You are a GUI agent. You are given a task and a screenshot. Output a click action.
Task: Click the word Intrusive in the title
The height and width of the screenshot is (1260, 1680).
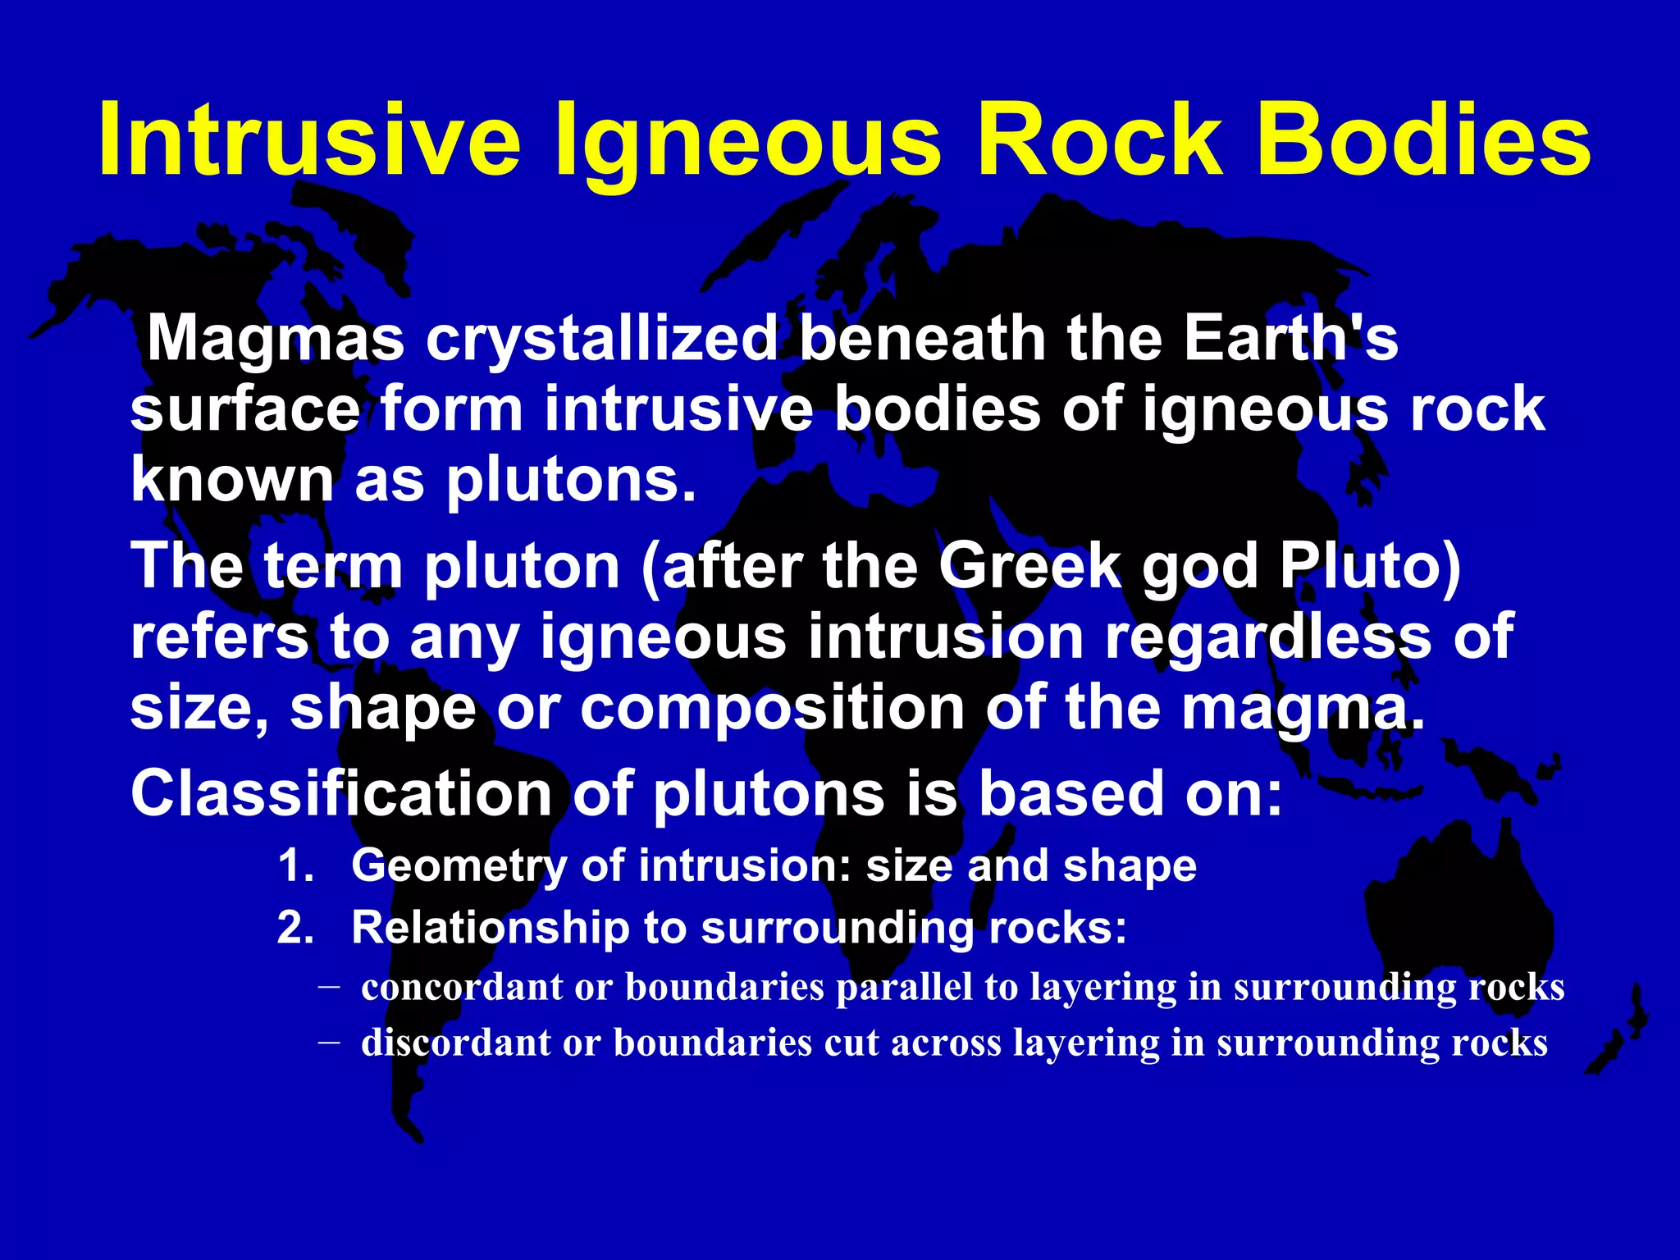[x=309, y=139]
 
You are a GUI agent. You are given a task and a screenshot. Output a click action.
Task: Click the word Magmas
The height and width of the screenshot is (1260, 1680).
[x=276, y=339]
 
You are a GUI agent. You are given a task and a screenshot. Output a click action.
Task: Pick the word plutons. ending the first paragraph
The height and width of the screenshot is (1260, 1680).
[x=570, y=479]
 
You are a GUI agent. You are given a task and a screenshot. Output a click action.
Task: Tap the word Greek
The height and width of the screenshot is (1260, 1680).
[x=1030, y=566]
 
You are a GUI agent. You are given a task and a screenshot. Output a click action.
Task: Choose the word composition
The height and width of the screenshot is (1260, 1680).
[x=772, y=707]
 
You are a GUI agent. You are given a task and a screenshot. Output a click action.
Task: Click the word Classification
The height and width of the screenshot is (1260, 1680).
[x=341, y=793]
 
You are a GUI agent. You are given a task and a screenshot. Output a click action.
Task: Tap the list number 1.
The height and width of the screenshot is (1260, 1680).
[x=295, y=866]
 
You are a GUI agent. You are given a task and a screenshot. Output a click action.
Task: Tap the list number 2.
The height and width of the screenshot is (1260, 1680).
[x=295, y=929]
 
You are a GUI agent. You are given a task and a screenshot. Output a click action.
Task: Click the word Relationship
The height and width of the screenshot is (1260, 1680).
[x=489, y=929]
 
